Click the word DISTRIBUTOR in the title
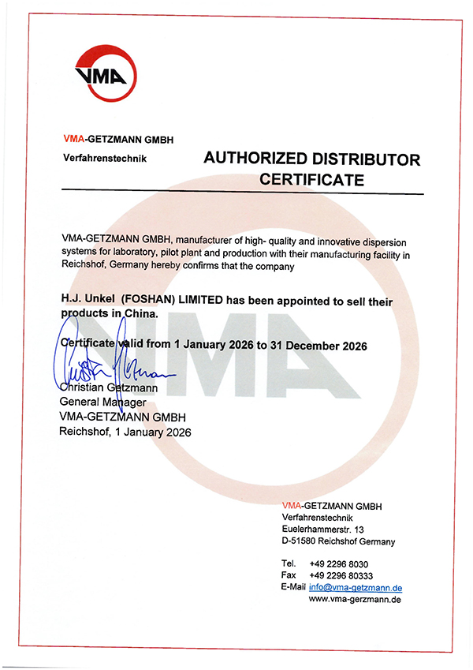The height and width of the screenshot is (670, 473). [x=366, y=159]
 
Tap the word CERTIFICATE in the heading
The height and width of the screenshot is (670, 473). [x=311, y=180]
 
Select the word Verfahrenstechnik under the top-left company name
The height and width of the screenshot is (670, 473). [x=104, y=158]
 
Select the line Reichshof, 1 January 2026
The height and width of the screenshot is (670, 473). [x=125, y=432]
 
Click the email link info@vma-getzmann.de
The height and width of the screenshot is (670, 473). [x=356, y=588]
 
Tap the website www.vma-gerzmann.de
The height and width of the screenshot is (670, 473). [x=356, y=600]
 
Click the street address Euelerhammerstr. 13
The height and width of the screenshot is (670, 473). [x=322, y=528]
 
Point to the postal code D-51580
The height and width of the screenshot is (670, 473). [x=299, y=541]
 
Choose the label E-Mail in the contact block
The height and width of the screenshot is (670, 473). [x=292, y=588]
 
